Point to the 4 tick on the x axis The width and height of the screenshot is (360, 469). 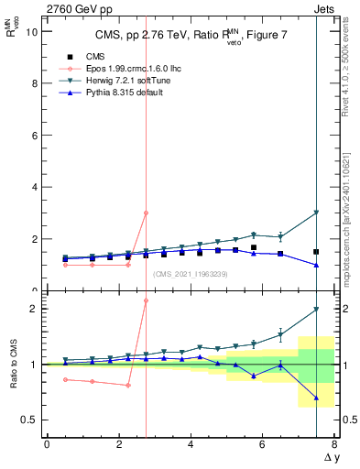(x=191, y=444)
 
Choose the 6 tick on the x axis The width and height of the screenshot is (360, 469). (x=262, y=444)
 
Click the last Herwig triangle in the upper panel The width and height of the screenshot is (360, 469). (x=316, y=213)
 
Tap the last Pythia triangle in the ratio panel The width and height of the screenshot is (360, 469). (x=316, y=398)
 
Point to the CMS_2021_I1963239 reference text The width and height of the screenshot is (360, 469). (x=191, y=273)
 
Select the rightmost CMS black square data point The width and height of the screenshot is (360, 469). (x=316, y=251)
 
